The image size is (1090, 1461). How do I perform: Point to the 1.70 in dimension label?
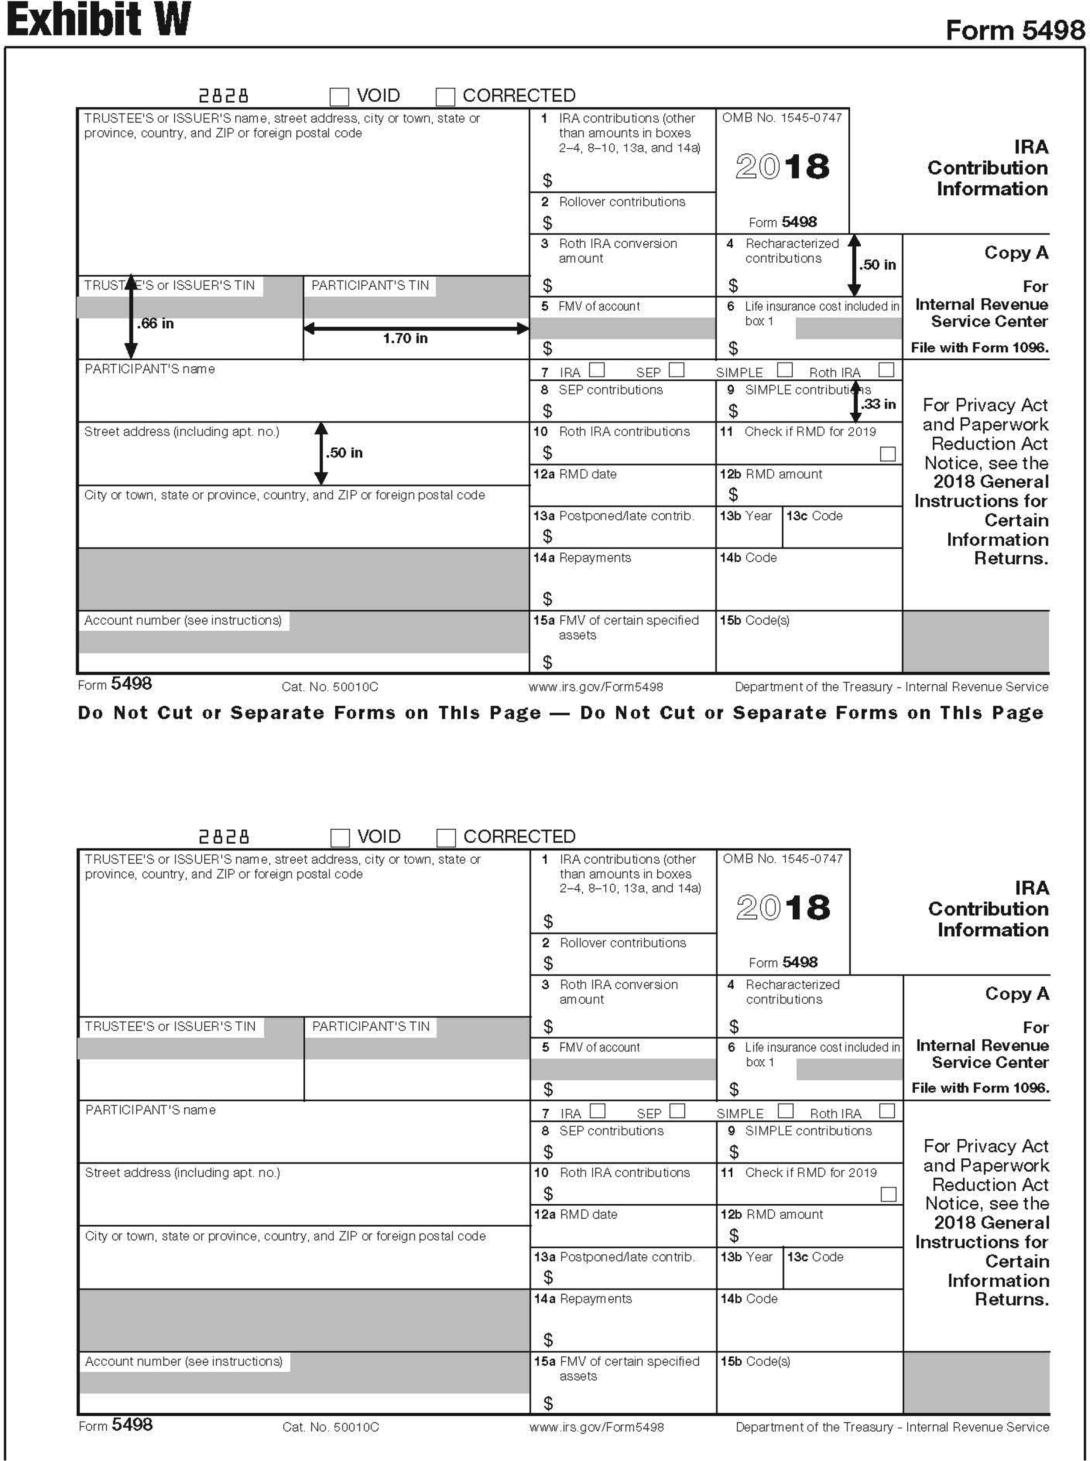tap(405, 338)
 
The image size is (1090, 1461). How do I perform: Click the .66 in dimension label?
tap(156, 323)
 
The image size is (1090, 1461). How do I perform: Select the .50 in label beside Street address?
tap(344, 453)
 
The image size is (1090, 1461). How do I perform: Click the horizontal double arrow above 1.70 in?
tap(416, 328)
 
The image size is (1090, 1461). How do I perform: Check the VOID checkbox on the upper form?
tap(339, 96)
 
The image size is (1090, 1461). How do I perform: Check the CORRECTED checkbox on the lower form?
tap(446, 838)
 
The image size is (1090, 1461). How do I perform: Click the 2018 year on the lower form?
tap(783, 908)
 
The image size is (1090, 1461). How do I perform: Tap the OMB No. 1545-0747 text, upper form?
tap(782, 118)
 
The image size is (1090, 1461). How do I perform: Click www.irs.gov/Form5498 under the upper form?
tap(596, 687)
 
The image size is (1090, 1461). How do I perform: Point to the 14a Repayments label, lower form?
tap(582, 1299)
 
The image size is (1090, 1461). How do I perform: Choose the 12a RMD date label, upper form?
tap(575, 474)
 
